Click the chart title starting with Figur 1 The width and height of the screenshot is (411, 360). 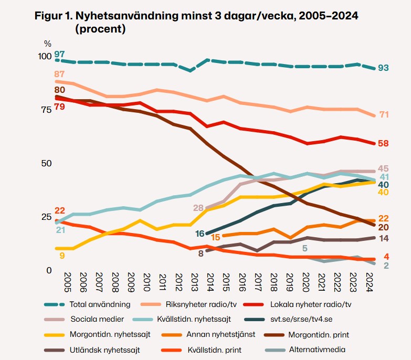point(196,23)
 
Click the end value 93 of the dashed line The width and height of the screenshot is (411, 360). point(383,68)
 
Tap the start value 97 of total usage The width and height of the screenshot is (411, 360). point(59,55)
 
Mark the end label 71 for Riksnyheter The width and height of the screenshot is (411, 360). point(384,115)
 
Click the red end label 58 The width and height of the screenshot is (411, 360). point(383,144)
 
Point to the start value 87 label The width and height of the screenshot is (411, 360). point(59,74)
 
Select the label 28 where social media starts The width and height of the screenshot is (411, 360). point(198,208)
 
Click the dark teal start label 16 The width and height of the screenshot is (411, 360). point(199,234)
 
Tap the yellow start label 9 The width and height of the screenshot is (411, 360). point(61,256)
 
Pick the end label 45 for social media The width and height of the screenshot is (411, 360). point(383,168)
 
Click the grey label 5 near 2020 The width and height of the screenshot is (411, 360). point(304,248)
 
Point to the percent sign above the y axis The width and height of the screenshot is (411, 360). point(48,44)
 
